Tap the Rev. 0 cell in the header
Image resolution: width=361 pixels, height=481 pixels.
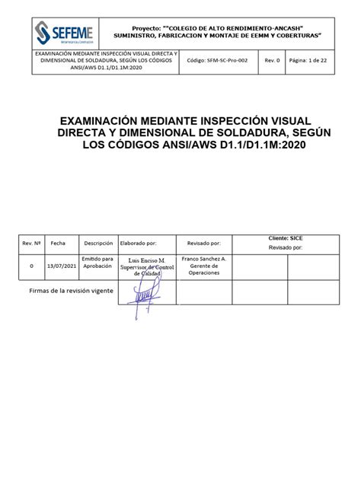tap(272, 61)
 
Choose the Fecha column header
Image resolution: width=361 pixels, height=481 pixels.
tap(58, 244)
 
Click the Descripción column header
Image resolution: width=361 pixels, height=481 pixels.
tap(98, 244)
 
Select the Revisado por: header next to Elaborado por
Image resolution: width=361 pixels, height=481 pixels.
tap(203, 244)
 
